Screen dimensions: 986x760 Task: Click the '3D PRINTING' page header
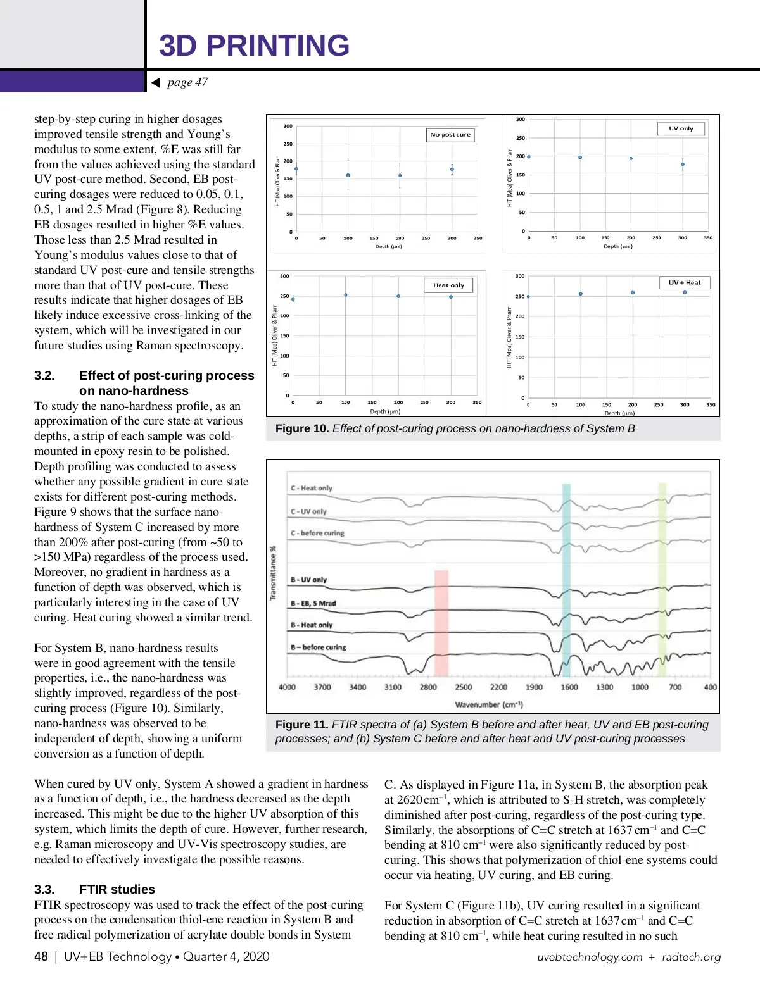tap(254, 46)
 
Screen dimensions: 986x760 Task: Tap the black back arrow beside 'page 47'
tap(156, 83)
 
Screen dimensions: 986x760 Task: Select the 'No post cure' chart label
tap(450, 135)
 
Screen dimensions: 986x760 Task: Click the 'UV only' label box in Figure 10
tap(681, 128)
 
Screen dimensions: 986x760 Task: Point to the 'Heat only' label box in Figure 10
tap(448, 285)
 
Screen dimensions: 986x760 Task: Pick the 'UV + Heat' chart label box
tap(685, 283)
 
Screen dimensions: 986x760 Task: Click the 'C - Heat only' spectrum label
tap(311, 488)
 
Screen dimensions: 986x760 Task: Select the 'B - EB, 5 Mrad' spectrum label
tap(313, 603)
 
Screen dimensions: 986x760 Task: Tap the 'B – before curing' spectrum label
tap(318, 647)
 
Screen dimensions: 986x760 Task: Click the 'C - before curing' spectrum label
tap(317, 533)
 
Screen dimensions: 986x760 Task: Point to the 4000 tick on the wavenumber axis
tap(287, 687)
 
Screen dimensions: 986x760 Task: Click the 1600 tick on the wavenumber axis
tap(569, 687)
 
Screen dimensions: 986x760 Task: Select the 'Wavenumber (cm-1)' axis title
tap(489, 704)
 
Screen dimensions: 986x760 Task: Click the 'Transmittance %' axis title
tap(273, 573)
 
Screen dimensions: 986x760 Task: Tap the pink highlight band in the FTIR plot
tap(441, 623)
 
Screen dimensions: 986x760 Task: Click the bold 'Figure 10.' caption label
tap(302, 428)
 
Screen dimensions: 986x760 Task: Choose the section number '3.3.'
tap(44, 889)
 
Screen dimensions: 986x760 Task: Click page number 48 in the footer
tap(41, 956)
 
